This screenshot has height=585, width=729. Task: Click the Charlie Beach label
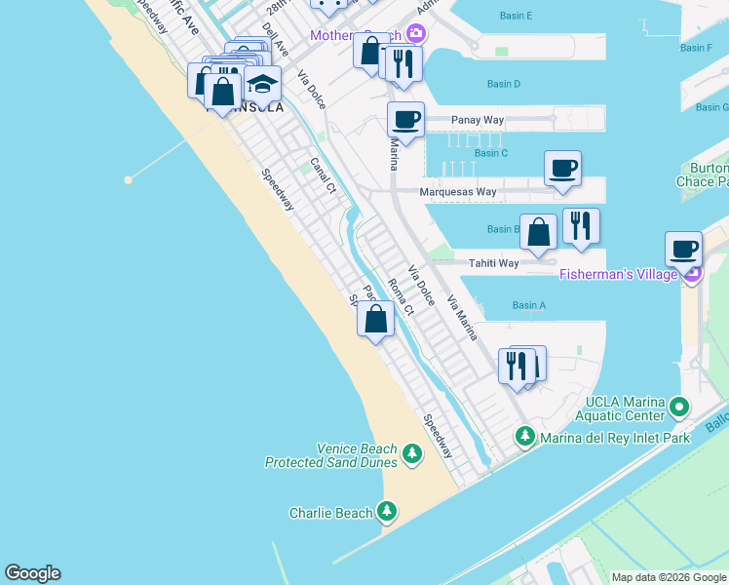click(331, 513)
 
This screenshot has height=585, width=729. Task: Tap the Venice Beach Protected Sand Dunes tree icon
click(412, 453)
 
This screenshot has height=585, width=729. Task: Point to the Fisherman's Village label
click(619, 275)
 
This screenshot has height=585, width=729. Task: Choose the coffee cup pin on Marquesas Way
click(562, 169)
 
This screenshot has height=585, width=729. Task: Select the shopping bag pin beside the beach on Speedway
click(376, 319)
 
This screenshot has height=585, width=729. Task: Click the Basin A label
click(528, 306)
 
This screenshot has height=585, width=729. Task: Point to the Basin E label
click(516, 17)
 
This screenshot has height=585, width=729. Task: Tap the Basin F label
click(696, 48)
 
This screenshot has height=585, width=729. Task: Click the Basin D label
click(503, 85)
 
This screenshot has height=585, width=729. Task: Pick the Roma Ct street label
click(401, 296)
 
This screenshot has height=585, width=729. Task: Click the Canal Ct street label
click(323, 174)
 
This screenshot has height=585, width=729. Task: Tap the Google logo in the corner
click(32, 573)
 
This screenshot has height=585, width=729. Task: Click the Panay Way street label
click(478, 121)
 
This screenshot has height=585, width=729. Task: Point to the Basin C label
click(491, 153)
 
